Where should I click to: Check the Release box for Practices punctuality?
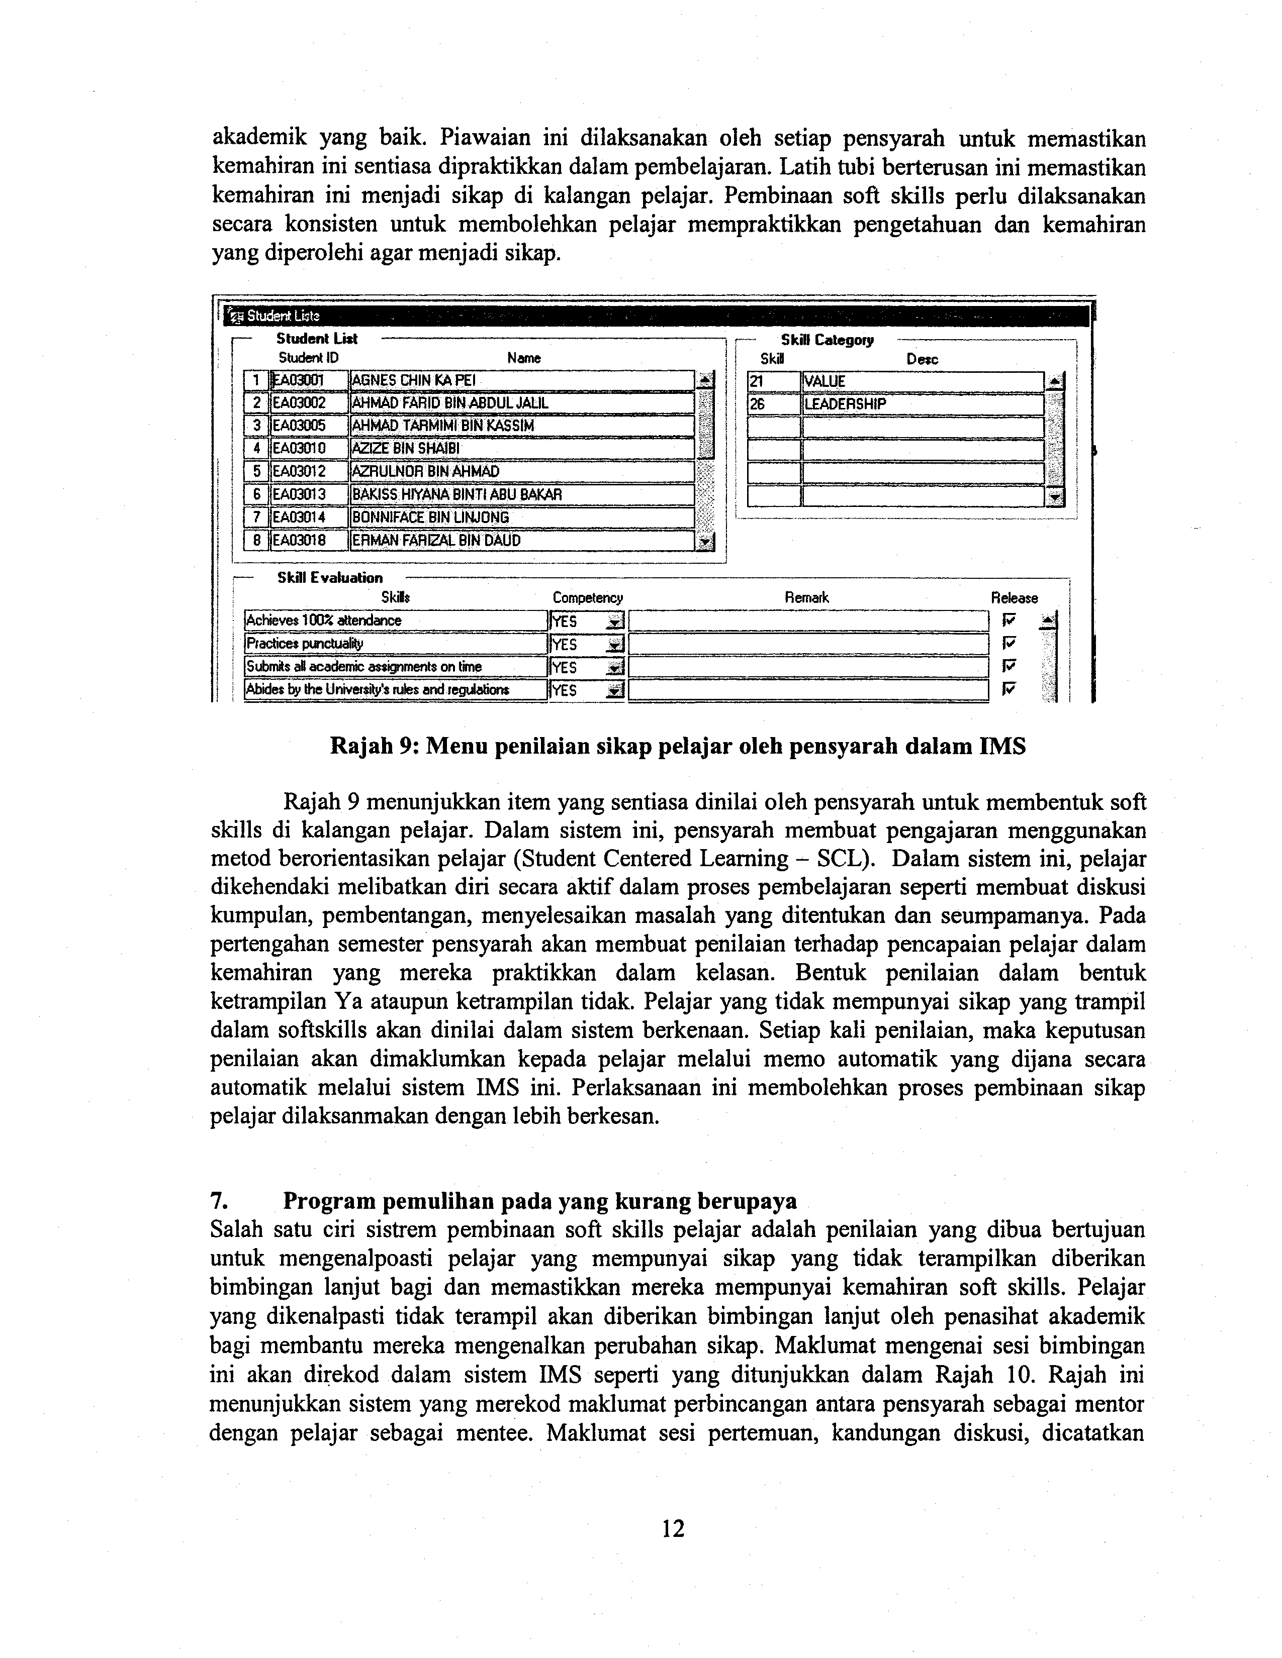(1009, 643)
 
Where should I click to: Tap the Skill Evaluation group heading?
(330, 578)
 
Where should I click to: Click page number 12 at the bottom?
(673, 1528)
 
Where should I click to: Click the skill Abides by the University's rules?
(378, 690)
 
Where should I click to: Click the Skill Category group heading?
(827, 340)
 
